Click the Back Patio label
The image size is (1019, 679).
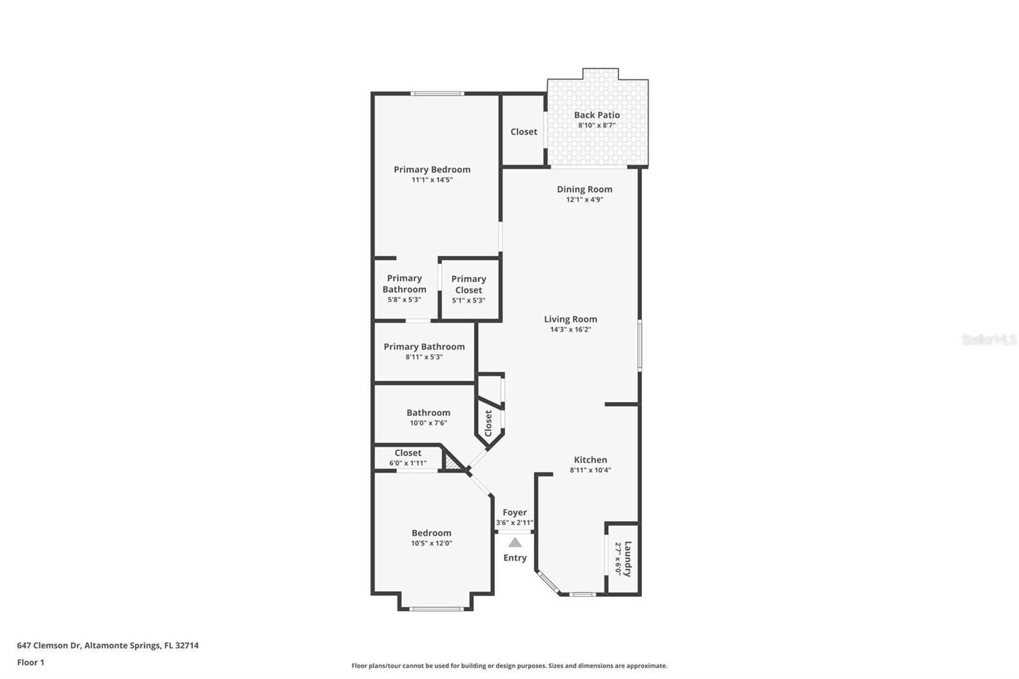point(596,115)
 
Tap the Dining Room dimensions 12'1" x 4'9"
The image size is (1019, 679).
point(585,199)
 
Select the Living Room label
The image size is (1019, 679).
point(571,320)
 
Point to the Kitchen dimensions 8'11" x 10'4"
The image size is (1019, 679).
point(590,470)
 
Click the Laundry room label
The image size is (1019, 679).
point(628,559)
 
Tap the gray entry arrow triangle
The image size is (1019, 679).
point(515,542)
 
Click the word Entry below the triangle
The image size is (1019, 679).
point(515,558)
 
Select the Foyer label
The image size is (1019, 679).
point(515,513)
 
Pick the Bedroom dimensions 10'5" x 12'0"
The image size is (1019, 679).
point(431,543)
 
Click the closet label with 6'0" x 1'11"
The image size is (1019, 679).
point(408,453)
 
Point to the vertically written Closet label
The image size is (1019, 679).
point(488,423)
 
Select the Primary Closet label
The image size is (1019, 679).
point(469,285)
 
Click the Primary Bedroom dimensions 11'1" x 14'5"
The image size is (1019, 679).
point(432,180)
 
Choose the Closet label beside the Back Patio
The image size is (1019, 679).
point(524,132)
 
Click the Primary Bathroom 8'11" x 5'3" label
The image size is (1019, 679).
point(424,351)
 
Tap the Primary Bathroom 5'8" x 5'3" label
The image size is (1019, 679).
point(404,289)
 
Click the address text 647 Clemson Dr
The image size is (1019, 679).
point(48,645)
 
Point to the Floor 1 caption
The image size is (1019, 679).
point(31,662)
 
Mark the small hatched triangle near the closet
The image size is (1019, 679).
point(450,464)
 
